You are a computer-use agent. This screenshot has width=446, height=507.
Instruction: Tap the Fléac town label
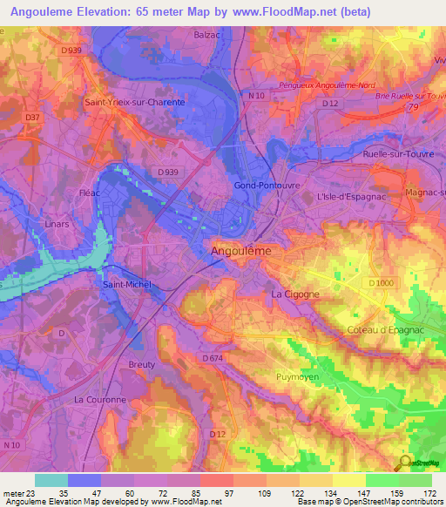89,193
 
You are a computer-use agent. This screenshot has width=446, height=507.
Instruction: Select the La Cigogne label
296,294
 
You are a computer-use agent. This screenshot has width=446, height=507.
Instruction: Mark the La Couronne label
100,399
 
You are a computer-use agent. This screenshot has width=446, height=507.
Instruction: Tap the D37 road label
33,118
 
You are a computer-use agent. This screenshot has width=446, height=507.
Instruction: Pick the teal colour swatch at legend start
51,480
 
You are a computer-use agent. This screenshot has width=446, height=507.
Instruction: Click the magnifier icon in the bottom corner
405,463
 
